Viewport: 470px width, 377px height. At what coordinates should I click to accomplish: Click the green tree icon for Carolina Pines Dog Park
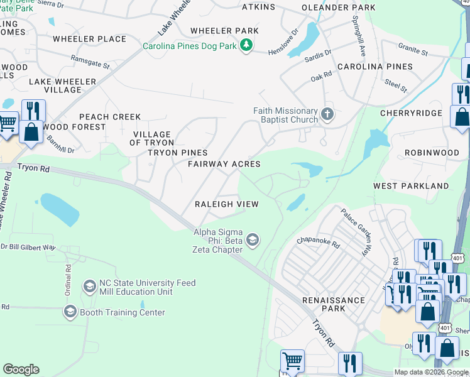(248, 45)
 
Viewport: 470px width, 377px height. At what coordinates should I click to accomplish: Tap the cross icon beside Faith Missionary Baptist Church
(326, 114)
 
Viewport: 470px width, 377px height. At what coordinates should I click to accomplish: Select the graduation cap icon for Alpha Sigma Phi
(253, 239)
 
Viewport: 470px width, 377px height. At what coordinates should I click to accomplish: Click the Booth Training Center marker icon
(70, 312)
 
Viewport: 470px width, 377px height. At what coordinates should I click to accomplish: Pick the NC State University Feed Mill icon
(89, 287)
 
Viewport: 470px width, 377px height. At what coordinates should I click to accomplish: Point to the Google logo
(21, 369)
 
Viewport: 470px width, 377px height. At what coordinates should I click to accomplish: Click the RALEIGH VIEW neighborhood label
(226, 204)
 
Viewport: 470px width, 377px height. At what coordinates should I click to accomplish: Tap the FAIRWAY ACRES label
(224, 164)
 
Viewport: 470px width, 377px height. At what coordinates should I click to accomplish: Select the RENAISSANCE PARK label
(333, 304)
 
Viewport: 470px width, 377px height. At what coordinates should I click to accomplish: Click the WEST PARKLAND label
(411, 186)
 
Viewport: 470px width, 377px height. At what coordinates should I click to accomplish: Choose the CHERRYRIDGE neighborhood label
(411, 113)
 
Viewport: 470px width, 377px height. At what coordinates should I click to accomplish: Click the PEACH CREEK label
(110, 117)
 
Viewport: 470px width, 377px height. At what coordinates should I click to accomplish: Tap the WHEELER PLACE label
(90, 39)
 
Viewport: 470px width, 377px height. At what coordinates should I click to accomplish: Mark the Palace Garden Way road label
(355, 232)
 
